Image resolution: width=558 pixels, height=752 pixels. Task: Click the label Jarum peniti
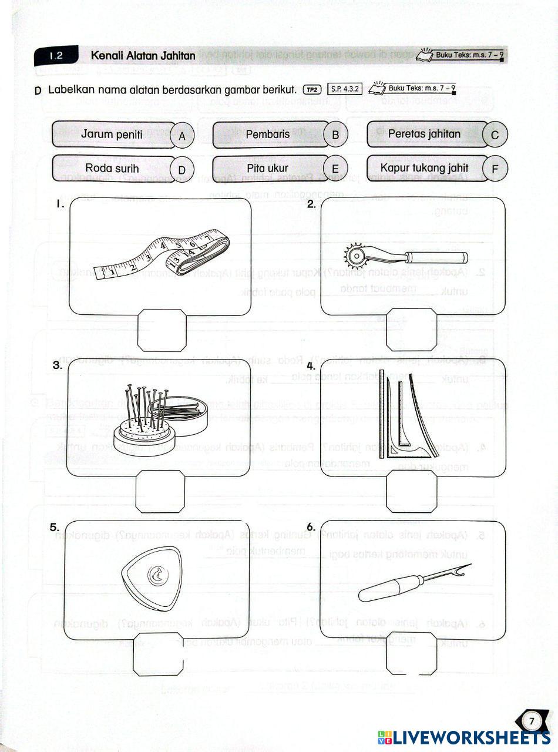tap(112, 135)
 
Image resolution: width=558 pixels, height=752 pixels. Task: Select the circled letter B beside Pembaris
tap(335, 135)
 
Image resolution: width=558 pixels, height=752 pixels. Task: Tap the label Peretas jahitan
tap(424, 134)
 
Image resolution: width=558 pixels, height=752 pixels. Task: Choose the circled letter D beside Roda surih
tap(182, 170)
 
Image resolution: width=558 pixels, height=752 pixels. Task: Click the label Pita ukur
tap(268, 169)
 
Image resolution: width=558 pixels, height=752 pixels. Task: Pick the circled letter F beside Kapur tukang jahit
tap(495, 170)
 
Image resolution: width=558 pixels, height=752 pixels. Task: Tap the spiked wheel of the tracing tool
tap(354, 257)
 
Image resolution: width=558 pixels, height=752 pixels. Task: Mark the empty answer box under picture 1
tap(162, 331)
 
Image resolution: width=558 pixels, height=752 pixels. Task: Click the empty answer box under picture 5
tap(158, 654)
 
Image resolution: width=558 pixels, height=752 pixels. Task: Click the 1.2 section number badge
tap(56, 56)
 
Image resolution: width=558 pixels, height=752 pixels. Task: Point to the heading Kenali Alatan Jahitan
tap(143, 56)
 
